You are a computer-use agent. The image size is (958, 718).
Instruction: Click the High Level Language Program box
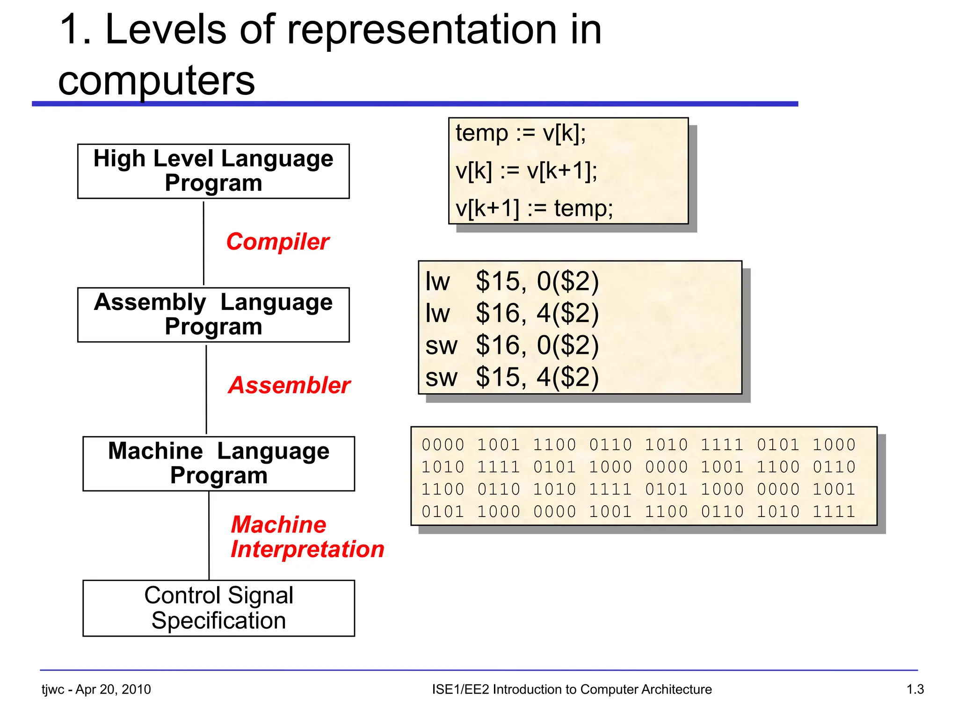pos(213,171)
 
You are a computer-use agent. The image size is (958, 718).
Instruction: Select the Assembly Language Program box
pos(213,315)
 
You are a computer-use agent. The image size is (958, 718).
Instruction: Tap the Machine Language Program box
pos(218,463)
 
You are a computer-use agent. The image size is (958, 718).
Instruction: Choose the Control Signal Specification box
pos(218,608)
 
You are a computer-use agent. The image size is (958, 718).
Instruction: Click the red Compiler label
pos(278,242)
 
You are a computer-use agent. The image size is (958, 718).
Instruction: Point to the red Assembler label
pos(289,385)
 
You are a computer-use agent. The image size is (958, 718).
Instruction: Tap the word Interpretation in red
pos(307,549)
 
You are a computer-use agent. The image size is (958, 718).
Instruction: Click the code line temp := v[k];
pos(521,133)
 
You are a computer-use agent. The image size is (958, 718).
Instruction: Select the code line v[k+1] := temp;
pos(534,208)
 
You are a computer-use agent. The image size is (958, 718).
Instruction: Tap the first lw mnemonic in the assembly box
pos(437,281)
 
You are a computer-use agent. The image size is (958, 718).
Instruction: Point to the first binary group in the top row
pos(443,445)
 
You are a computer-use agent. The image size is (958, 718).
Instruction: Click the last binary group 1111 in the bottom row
pos(834,511)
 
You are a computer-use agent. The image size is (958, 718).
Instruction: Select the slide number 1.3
pos(915,689)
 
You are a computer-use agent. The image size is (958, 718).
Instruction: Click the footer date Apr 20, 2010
pos(113,689)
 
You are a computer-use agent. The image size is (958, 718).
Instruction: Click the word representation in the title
pos(421,30)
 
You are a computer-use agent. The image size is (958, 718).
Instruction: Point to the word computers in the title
pos(157,80)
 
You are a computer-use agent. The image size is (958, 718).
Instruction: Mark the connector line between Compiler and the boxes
pos(203,243)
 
